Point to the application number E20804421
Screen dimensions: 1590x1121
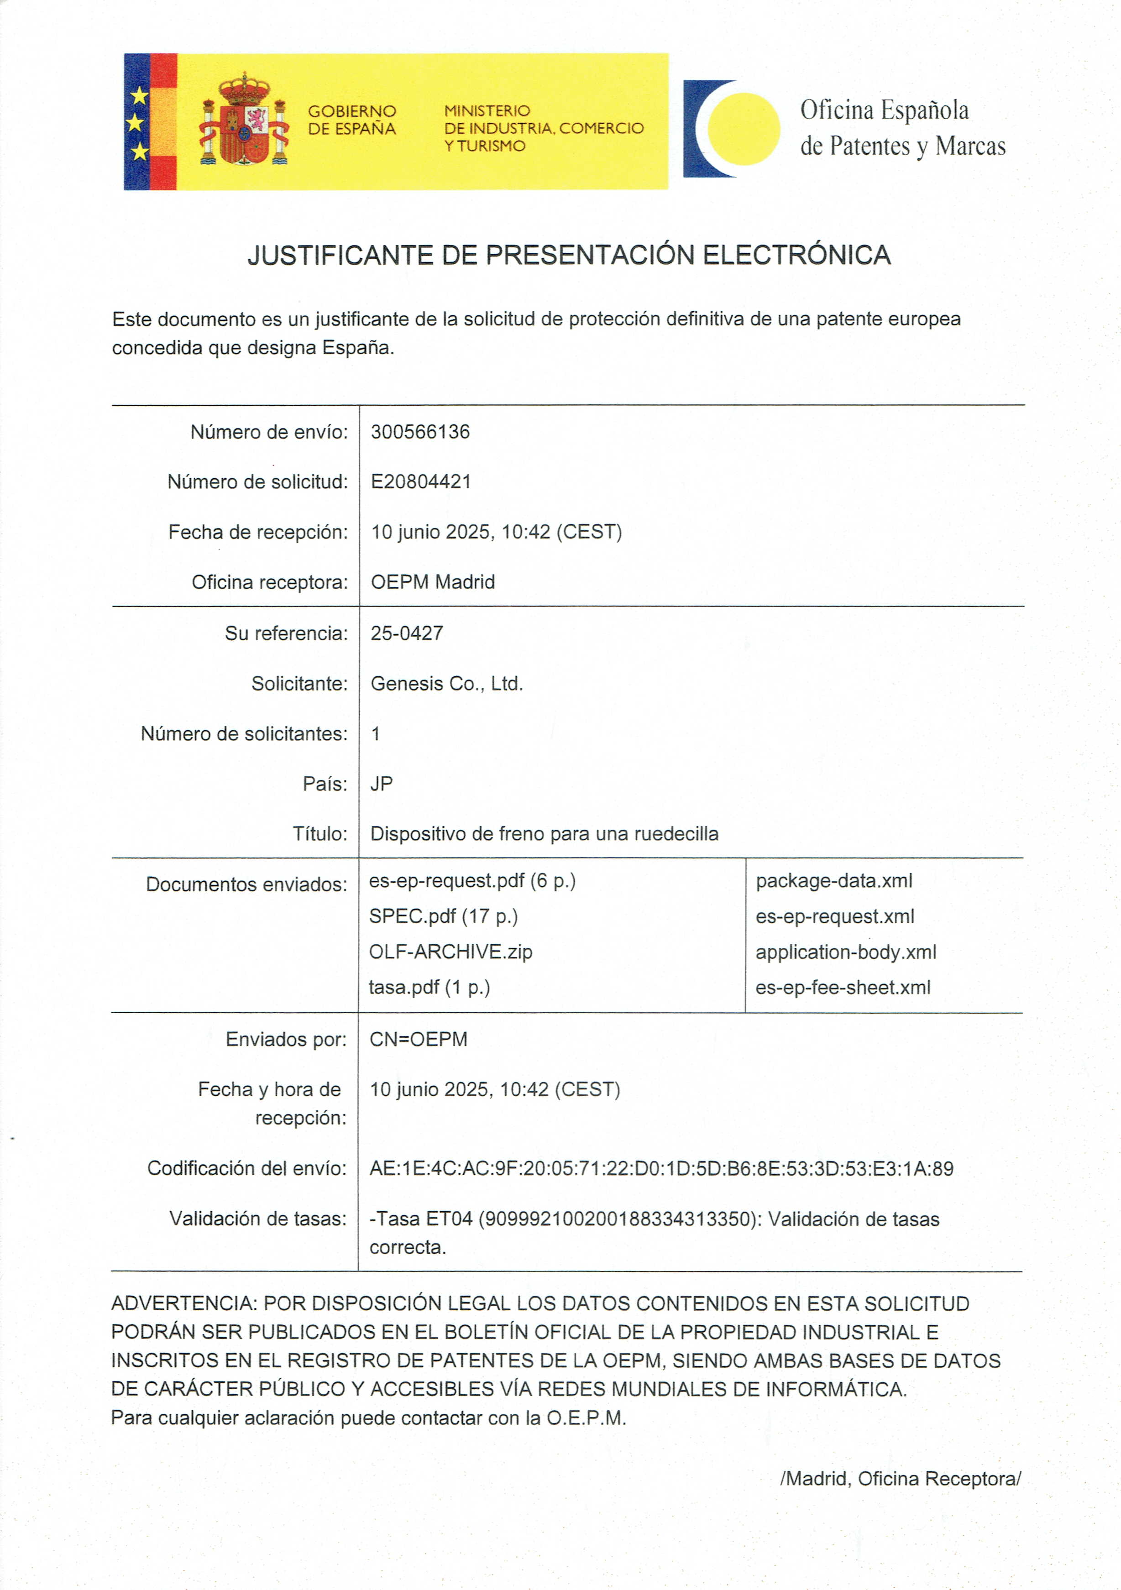420,482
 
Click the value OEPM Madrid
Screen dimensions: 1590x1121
433,582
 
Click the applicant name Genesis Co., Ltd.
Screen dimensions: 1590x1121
446,684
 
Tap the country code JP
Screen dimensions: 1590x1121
382,784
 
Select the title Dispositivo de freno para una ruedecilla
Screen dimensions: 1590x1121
544,834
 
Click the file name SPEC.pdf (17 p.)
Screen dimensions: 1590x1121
443,916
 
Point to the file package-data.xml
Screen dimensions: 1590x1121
833,881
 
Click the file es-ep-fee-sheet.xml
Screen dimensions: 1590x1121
843,988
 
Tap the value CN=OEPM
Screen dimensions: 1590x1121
418,1040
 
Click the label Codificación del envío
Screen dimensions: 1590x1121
246,1168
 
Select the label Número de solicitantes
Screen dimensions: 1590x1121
244,733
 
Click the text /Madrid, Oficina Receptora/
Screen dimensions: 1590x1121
900,1479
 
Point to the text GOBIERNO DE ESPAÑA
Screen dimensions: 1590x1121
352,120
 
